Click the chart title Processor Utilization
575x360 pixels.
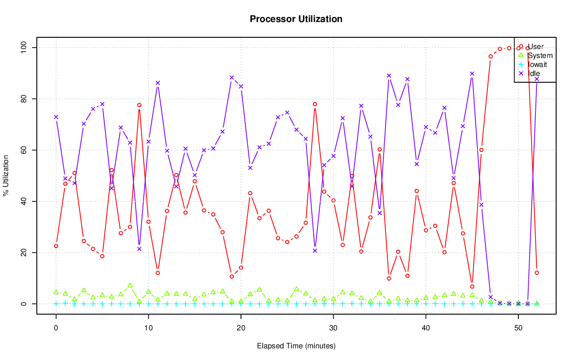click(296, 19)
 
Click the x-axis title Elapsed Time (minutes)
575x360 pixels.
click(296, 346)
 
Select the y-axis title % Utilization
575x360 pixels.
click(6, 176)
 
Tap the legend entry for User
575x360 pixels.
click(535, 47)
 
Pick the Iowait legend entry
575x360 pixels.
click(537, 64)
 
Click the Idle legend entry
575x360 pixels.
click(534, 73)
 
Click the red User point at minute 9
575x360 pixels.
click(139, 105)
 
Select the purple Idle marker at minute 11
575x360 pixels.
click(158, 83)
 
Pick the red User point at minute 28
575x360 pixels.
click(315, 104)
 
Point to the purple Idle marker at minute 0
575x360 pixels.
click(56, 117)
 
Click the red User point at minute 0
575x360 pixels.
click(56, 246)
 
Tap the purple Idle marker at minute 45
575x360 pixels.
click(472, 74)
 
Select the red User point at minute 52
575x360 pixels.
click(537, 273)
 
